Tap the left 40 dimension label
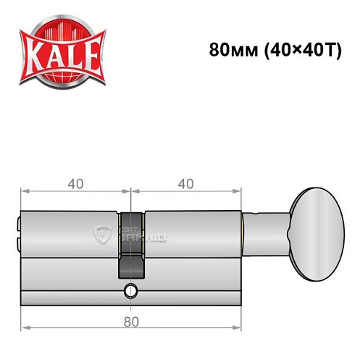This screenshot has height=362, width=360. coord(74,184)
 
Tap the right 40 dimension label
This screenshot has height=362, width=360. coord(185,184)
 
